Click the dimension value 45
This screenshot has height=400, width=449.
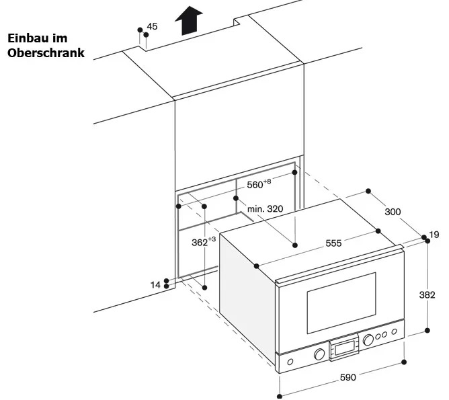(152, 26)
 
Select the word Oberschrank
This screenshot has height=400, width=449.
(46, 52)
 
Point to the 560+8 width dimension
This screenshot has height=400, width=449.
(258, 184)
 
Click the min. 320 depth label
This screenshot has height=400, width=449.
(264, 209)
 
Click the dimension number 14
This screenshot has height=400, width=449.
(155, 285)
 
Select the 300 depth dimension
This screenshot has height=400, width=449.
(393, 212)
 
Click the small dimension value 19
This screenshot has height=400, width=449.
(434, 235)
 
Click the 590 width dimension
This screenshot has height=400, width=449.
(347, 377)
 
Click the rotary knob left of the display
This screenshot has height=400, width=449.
(319, 354)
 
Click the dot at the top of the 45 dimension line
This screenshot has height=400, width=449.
(140, 30)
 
